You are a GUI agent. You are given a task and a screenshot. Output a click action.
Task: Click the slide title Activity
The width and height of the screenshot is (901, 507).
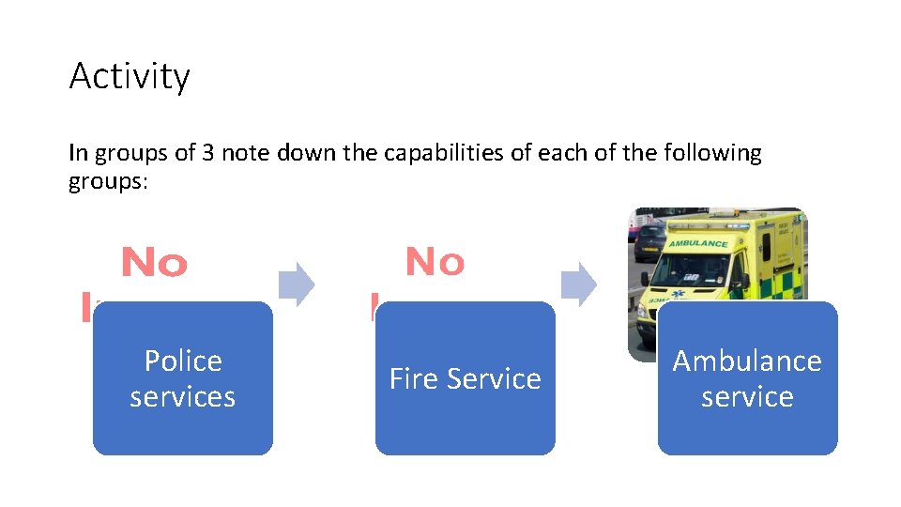coord(130,76)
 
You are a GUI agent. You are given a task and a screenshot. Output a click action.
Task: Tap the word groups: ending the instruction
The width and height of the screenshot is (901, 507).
coord(108,180)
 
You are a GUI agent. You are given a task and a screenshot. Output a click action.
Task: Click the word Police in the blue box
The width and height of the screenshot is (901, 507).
coord(183,361)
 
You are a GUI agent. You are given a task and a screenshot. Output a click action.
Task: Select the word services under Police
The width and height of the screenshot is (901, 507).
coord(183,397)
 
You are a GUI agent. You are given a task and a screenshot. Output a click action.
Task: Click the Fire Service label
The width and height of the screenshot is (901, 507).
coord(465,379)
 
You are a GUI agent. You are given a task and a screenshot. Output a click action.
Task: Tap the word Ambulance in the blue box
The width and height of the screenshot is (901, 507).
coord(747,361)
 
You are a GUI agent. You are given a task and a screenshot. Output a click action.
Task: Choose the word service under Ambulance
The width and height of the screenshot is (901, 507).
coord(747,397)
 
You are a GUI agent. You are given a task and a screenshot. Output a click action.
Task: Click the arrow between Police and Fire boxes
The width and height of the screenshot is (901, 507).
coord(298,284)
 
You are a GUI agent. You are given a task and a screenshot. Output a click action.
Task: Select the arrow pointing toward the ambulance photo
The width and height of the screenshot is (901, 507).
coord(579,284)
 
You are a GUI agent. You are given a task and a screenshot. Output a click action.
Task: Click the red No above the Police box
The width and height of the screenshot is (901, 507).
coord(155,265)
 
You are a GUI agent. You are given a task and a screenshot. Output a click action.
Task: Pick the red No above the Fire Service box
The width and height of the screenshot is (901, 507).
coord(435,262)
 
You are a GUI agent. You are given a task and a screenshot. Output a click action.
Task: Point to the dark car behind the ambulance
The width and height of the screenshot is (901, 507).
coord(649,242)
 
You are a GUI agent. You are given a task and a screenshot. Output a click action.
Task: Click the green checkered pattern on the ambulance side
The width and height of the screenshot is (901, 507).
coord(784,282)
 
